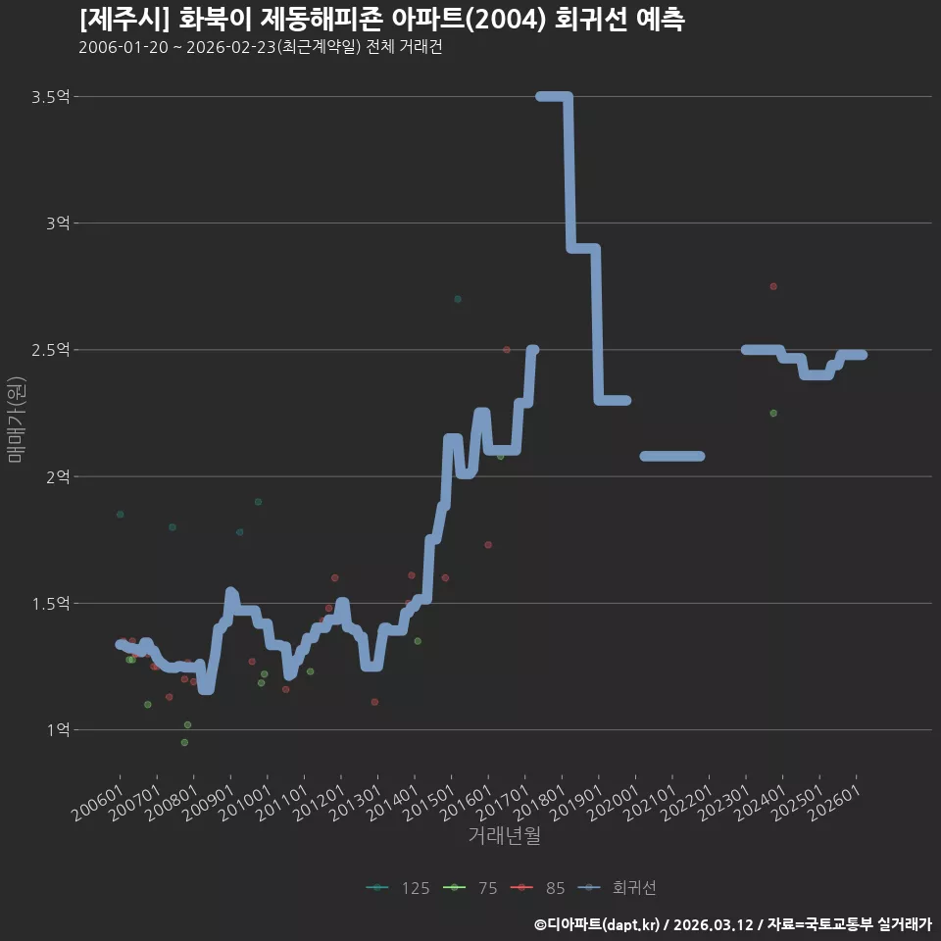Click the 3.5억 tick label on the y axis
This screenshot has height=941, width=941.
coord(50,97)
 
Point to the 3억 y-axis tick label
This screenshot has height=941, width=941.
coord(58,223)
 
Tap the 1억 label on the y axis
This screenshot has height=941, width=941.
coord(58,729)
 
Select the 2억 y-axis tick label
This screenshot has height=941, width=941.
coord(58,476)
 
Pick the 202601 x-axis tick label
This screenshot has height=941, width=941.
coord(835,803)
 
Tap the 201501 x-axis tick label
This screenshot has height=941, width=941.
coord(429,803)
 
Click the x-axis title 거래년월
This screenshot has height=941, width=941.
coord(504,835)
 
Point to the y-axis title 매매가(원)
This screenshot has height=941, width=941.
coord(17,420)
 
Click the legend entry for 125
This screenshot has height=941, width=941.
coord(398,888)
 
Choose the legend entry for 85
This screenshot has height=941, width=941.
coord(538,888)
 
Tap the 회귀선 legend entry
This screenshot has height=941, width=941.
coord(617,888)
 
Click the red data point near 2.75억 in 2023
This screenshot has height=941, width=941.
coord(773,286)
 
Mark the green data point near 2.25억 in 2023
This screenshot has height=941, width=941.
coord(773,413)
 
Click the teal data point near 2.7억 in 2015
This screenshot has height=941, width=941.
coord(458,299)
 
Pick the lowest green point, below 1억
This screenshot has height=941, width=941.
coord(184,742)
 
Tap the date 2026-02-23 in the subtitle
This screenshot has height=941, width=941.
coord(231,47)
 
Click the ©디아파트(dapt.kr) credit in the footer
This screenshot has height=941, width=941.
coord(597,924)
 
